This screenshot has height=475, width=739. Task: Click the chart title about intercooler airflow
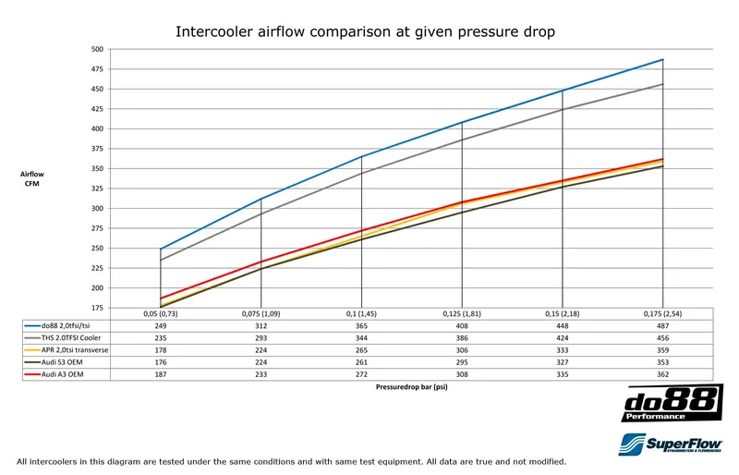click(x=365, y=31)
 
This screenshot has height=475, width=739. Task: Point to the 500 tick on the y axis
click(x=97, y=48)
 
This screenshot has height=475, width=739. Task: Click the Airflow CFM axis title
click(x=32, y=177)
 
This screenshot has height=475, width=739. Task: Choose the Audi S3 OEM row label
click(x=59, y=364)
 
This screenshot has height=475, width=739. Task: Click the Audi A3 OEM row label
click(x=59, y=377)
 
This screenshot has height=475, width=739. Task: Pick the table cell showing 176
click(x=161, y=364)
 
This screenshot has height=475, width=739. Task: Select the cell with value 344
click(x=361, y=338)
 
